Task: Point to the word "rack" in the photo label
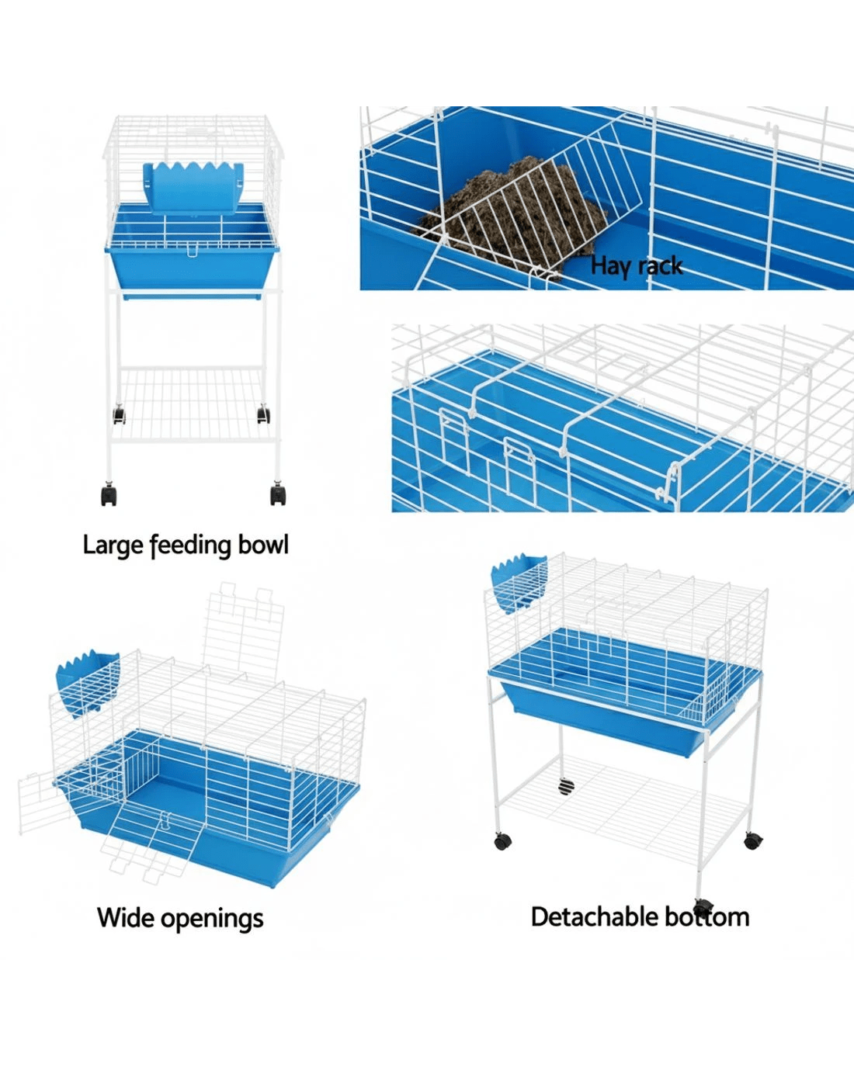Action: [x=659, y=266]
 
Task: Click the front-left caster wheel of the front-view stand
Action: [x=109, y=494]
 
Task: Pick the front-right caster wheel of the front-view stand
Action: [x=279, y=494]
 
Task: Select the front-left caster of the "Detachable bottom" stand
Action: [x=503, y=841]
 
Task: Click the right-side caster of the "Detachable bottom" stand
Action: [x=753, y=840]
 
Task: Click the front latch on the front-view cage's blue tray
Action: [x=192, y=251]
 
